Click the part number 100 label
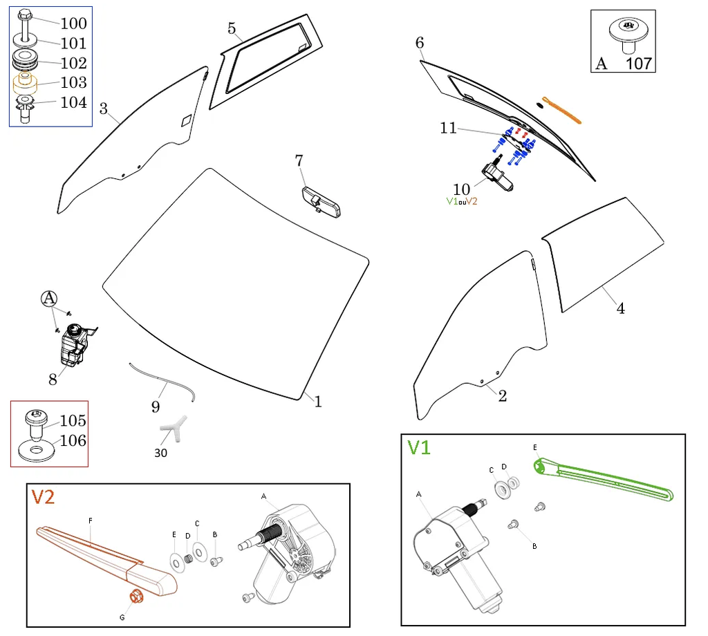(x=73, y=24)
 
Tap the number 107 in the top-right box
(x=638, y=63)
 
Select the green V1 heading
(x=419, y=448)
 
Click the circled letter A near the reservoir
(x=49, y=299)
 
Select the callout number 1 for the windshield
(x=318, y=402)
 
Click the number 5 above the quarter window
(x=232, y=28)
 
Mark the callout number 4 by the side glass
(x=620, y=308)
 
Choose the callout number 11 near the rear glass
(x=448, y=128)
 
